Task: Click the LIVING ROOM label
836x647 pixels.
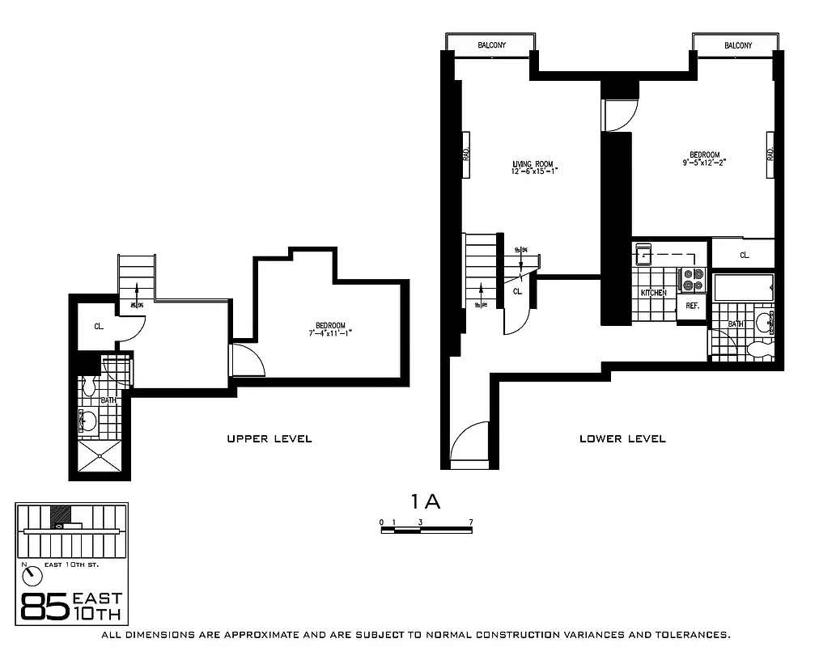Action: click(532, 164)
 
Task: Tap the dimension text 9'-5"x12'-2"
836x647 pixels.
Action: click(703, 162)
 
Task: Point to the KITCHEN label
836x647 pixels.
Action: click(653, 292)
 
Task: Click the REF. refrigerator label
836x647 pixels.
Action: click(693, 306)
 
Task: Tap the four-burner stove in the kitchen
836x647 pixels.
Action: click(693, 279)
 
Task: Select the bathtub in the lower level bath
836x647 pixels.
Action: click(742, 287)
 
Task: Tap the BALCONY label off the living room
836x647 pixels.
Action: click(491, 45)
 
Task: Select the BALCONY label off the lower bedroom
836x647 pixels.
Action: click(737, 45)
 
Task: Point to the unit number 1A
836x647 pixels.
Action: click(426, 501)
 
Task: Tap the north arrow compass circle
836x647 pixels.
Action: click(33, 576)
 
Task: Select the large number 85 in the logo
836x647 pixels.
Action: click(44, 607)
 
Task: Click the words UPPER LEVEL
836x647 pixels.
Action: click(269, 439)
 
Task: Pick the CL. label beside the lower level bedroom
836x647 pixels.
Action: click(744, 255)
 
